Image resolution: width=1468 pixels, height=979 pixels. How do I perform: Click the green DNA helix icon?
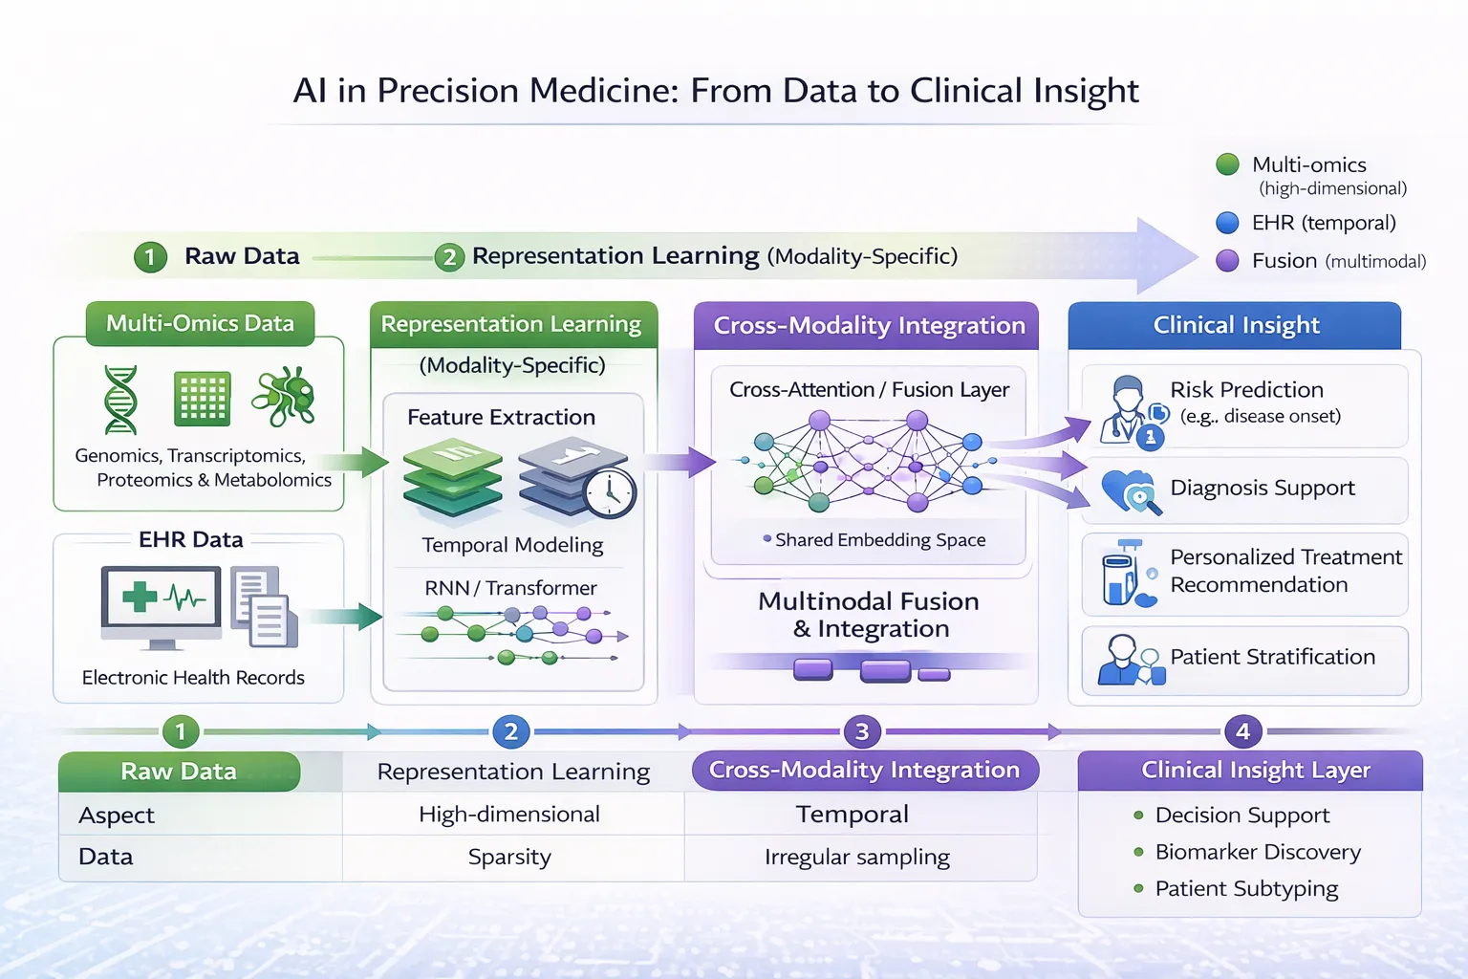(120, 400)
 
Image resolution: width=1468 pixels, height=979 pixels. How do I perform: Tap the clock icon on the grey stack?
(610, 492)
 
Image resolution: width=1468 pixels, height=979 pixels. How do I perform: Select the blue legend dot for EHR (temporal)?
(1227, 223)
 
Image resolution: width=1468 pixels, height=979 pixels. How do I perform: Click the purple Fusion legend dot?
(1227, 260)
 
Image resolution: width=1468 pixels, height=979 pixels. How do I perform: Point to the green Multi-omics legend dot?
(1227, 164)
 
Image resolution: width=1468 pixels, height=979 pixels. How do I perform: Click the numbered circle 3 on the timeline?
(861, 731)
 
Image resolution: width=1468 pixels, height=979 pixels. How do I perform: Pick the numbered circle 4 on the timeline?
(1242, 731)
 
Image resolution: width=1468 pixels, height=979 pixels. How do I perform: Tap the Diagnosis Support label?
(1262, 488)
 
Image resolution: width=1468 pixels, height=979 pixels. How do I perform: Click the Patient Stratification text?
(1272, 657)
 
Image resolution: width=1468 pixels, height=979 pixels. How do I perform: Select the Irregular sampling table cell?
(857, 857)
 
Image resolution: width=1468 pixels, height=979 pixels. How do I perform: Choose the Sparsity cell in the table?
(509, 857)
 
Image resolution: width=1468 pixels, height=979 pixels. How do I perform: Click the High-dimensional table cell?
(509, 814)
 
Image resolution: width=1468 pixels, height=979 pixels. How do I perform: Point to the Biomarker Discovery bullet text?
(1258, 852)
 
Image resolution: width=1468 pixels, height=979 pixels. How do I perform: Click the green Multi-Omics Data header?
(200, 323)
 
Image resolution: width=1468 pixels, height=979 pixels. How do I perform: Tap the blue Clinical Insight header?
(1236, 325)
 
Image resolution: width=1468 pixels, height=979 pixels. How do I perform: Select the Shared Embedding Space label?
(879, 539)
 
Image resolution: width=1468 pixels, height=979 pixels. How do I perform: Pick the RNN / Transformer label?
(510, 588)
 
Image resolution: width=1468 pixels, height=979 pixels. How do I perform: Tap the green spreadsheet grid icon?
(202, 398)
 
